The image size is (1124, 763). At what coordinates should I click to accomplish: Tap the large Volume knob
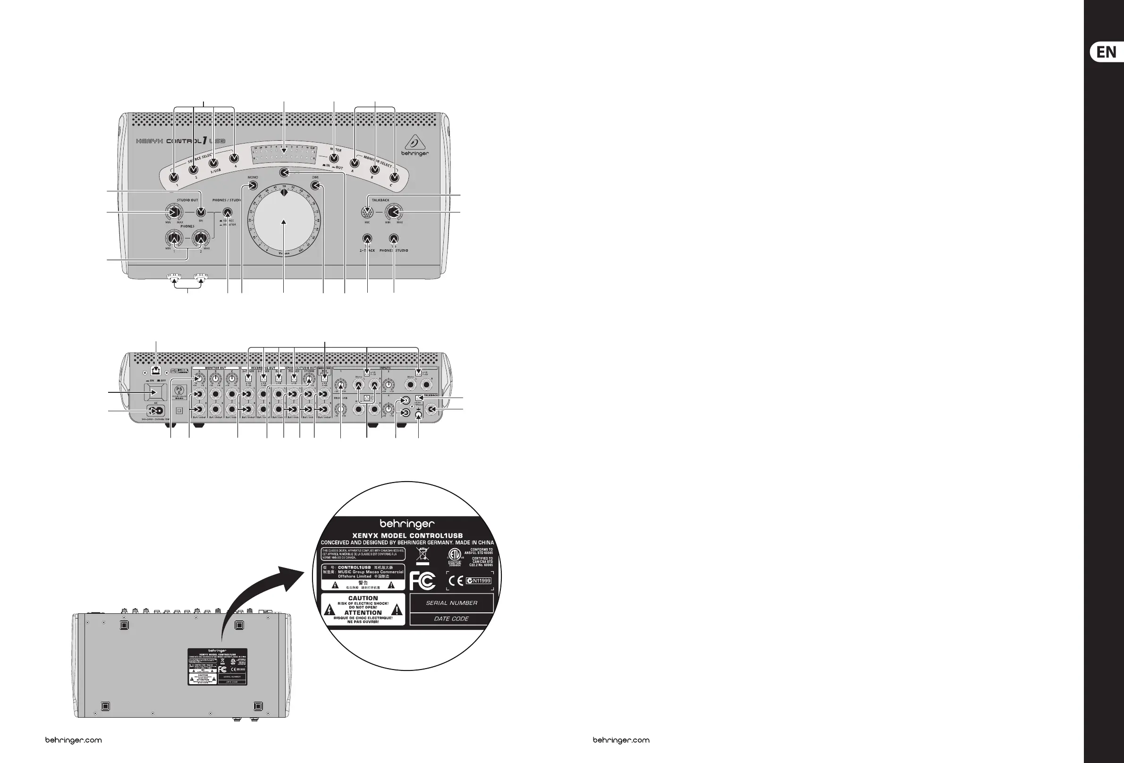pyautogui.click(x=284, y=222)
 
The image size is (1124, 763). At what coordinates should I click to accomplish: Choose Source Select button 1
pyautogui.click(x=174, y=178)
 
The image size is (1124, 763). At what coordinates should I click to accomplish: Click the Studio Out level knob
pyautogui.click(x=173, y=212)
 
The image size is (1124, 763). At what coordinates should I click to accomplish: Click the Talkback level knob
pyautogui.click(x=394, y=212)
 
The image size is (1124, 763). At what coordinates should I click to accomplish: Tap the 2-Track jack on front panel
pyautogui.click(x=367, y=238)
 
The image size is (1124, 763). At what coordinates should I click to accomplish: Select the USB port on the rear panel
pyautogui.click(x=156, y=371)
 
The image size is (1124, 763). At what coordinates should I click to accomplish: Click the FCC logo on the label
pyautogui.click(x=423, y=581)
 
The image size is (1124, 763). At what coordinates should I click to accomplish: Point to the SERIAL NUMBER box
pyautogui.click(x=451, y=603)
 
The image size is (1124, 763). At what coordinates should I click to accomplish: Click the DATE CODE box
pyautogui.click(x=451, y=619)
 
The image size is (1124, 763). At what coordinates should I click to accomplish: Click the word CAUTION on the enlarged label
pyautogui.click(x=363, y=598)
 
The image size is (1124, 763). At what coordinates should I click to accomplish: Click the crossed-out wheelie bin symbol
pyautogui.click(x=422, y=554)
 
